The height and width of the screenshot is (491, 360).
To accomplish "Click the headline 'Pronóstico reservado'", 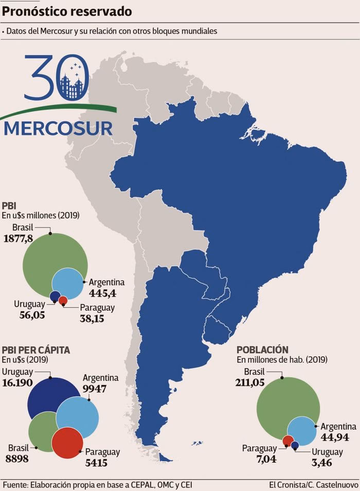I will point(67,11).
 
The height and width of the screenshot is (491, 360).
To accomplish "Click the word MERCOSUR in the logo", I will point(58,128).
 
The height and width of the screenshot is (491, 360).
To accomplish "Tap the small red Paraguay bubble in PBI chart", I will point(63,300).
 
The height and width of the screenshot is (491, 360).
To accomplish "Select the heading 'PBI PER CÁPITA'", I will point(36,350).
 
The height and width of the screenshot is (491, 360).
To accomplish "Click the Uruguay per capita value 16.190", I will point(17,383).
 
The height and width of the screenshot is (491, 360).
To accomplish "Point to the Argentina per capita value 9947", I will point(95,388).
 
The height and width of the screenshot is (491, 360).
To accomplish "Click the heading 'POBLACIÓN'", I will point(262,350).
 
